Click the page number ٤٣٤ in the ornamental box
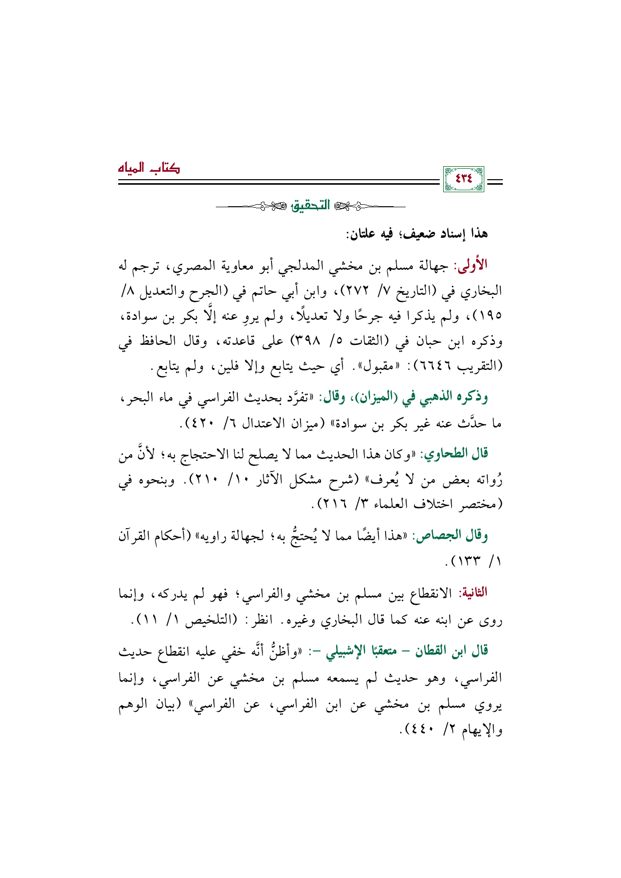coord(463,179)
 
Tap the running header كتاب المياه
coord(149,168)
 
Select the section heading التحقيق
coord(311,206)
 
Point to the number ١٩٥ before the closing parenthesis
coord(491,316)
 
